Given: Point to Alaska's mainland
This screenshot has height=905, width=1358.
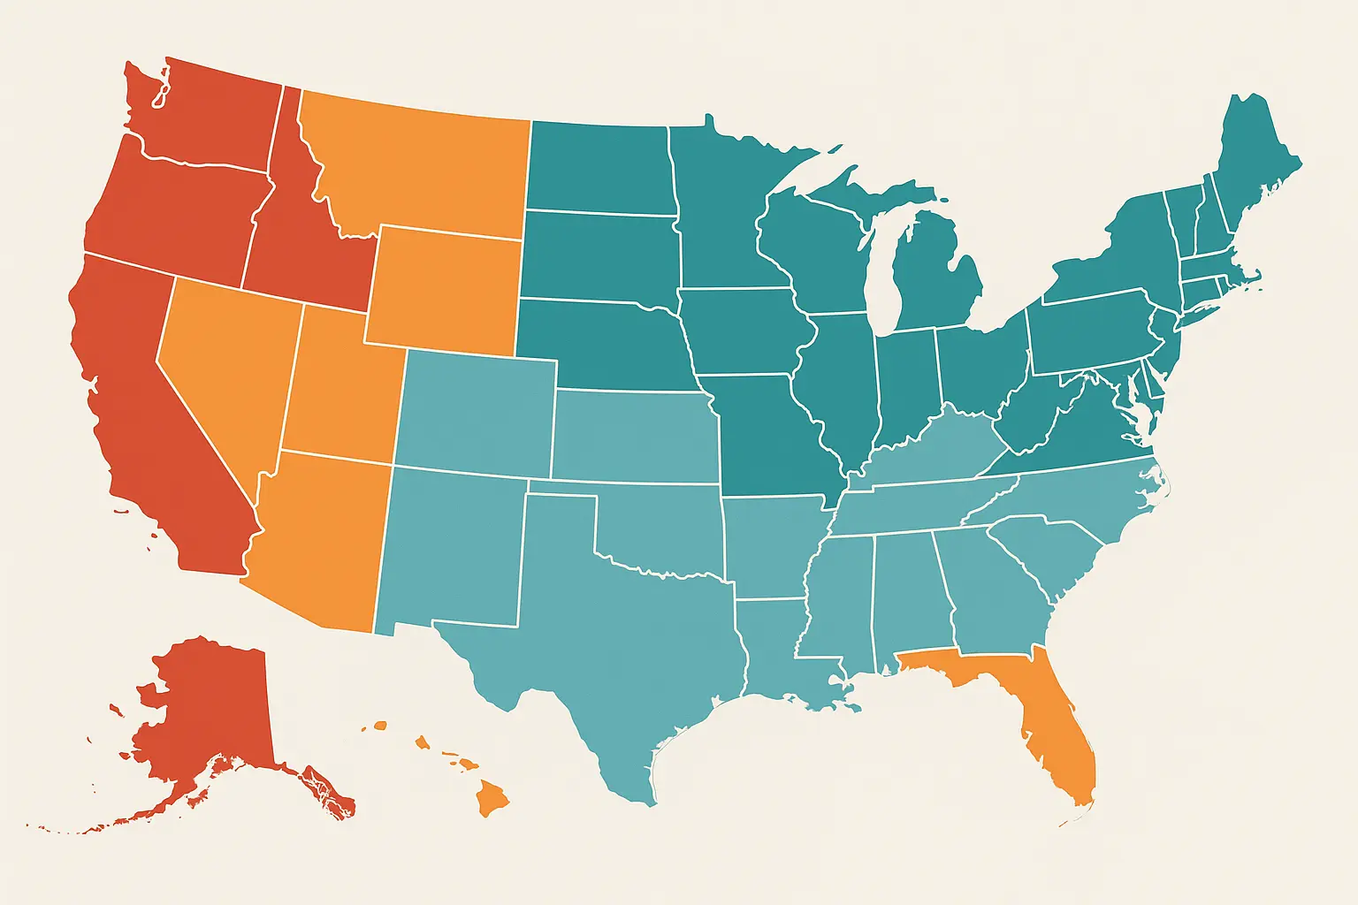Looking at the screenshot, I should pyautogui.click(x=212, y=707).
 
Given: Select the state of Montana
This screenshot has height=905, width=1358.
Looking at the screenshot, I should pyautogui.click(x=416, y=168).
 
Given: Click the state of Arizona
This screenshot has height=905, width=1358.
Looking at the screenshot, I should pyautogui.click(x=318, y=539).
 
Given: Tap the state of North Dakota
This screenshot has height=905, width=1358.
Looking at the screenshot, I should pyautogui.click(x=601, y=168).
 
